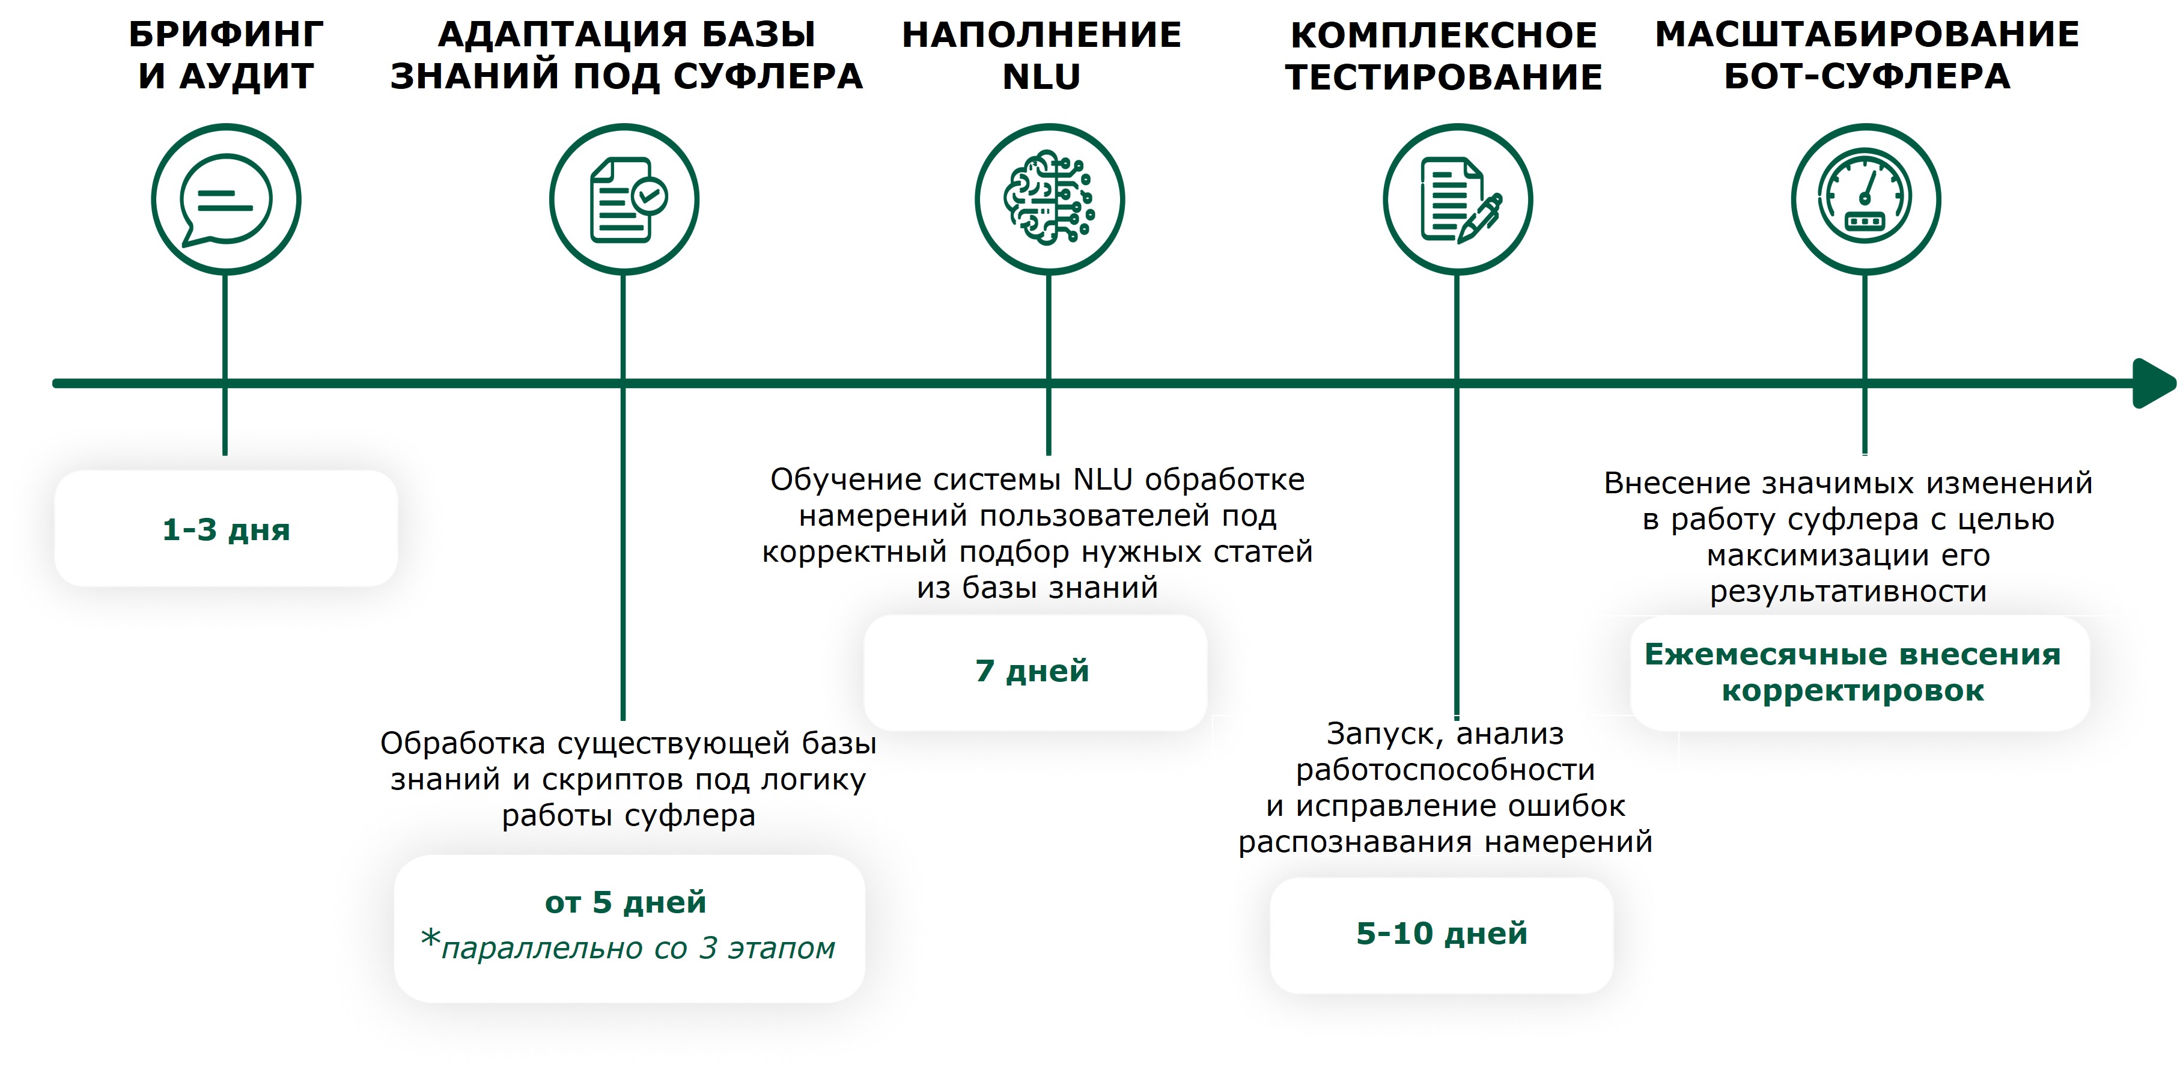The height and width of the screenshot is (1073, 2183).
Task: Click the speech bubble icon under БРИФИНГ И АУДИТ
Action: [225, 200]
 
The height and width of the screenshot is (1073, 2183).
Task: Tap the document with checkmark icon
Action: [628, 200]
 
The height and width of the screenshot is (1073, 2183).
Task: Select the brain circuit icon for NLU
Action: [1049, 198]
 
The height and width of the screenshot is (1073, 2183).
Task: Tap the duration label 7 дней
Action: [1032, 670]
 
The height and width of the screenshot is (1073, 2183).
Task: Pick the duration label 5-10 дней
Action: [1442, 933]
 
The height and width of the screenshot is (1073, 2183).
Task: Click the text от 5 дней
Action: [626, 902]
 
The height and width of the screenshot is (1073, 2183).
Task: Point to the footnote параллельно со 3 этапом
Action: [638, 947]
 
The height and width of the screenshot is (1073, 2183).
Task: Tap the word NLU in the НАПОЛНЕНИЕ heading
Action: [1041, 77]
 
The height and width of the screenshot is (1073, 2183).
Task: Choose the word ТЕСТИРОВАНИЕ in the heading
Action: [1444, 77]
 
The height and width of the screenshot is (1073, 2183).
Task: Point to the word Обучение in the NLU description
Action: [832, 479]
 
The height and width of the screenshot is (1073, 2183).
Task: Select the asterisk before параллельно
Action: [430, 938]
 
